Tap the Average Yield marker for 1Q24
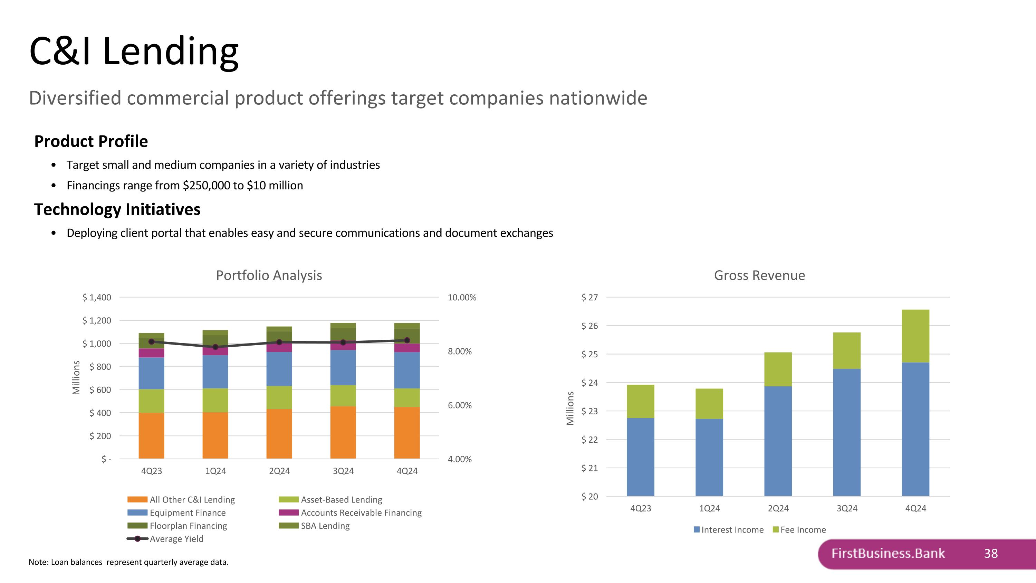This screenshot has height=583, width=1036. (215, 347)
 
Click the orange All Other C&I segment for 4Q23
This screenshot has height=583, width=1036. (151, 435)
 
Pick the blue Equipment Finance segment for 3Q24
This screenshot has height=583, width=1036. (343, 367)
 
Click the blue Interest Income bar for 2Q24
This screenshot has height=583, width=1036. (777, 441)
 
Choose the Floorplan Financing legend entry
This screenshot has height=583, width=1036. (188, 526)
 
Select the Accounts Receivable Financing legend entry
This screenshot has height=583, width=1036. (361, 513)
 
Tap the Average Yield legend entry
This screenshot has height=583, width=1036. (176, 539)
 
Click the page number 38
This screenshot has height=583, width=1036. (990, 554)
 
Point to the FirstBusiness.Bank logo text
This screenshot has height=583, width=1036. (888, 554)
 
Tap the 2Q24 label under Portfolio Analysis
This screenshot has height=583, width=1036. (279, 471)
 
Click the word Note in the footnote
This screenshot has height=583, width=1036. (38, 562)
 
